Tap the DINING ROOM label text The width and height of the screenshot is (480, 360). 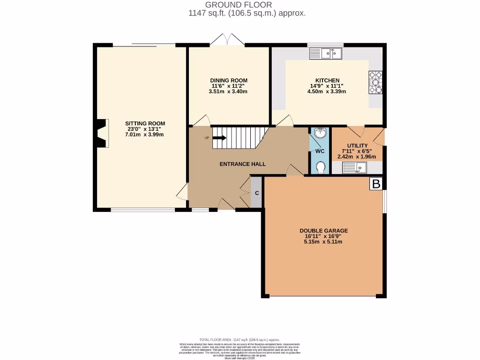click(228, 81)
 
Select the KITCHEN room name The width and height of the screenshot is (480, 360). click(327, 81)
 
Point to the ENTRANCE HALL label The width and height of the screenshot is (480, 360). click(243, 164)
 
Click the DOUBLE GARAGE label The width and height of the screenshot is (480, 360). click(324, 231)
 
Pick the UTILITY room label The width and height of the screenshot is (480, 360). click(357, 146)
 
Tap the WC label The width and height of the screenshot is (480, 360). click(320, 151)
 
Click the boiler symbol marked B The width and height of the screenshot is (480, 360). click(376, 184)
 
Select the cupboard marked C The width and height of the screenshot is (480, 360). click(257, 193)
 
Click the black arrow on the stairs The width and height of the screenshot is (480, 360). click(219, 138)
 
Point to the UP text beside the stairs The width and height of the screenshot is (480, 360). click(206, 138)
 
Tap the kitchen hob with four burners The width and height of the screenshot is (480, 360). click(375, 82)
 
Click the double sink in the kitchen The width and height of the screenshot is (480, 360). click(331, 54)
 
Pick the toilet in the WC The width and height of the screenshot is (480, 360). click(320, 167)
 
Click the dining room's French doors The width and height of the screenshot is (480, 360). click(228, 41)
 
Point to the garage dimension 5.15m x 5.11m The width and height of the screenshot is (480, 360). click(324, 242)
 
